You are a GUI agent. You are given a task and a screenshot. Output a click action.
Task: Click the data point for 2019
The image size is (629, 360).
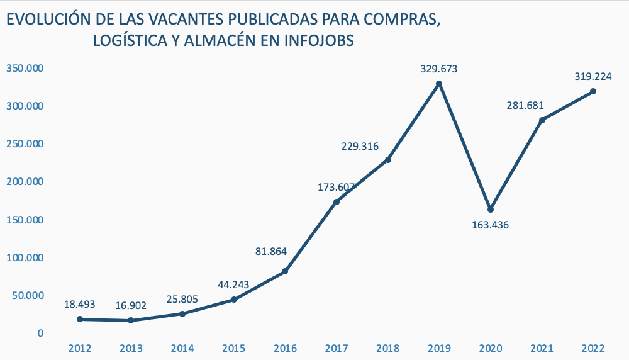(439, 84)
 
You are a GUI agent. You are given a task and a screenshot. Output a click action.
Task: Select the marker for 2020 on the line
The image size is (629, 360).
(491, 210)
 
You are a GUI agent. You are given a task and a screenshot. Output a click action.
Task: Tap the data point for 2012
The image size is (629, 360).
(80, 319)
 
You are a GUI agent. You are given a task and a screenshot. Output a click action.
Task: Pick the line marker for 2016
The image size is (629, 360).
(285, 271)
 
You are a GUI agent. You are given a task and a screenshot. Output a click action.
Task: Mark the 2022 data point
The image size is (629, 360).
(593, 91)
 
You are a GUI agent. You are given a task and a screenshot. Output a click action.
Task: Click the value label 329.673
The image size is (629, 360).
(439, 69)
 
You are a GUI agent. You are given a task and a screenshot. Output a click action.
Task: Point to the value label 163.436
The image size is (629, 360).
(490, 225)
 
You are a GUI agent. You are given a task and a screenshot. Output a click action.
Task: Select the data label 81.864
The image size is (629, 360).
(271, 252)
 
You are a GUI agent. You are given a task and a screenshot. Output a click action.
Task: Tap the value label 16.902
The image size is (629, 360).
(131, 306)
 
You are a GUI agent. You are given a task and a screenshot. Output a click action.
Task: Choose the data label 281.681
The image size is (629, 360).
(525, 105)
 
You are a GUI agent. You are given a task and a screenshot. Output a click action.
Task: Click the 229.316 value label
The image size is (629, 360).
(360, 147)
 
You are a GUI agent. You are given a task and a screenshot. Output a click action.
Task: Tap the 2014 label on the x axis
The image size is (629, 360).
(182, 348)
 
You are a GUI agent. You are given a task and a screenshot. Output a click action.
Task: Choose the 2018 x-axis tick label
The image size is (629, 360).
(388, 348)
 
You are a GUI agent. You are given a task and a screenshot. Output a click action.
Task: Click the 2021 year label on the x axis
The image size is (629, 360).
(542, 348)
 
